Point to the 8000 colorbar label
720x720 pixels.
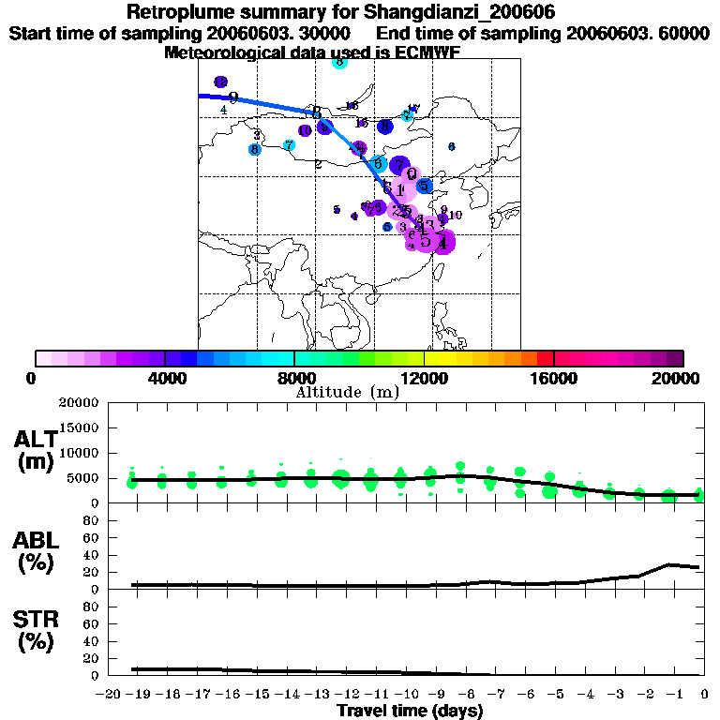293,378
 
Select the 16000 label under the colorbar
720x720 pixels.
553,378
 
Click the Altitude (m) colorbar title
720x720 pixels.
347,392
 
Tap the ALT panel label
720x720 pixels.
37,440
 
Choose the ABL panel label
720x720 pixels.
37,539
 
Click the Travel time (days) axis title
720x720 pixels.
410,712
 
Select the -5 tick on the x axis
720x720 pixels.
556,694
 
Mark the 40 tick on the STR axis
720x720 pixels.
92,641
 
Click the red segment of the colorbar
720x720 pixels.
544,358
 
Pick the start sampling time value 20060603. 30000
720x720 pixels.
280,33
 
